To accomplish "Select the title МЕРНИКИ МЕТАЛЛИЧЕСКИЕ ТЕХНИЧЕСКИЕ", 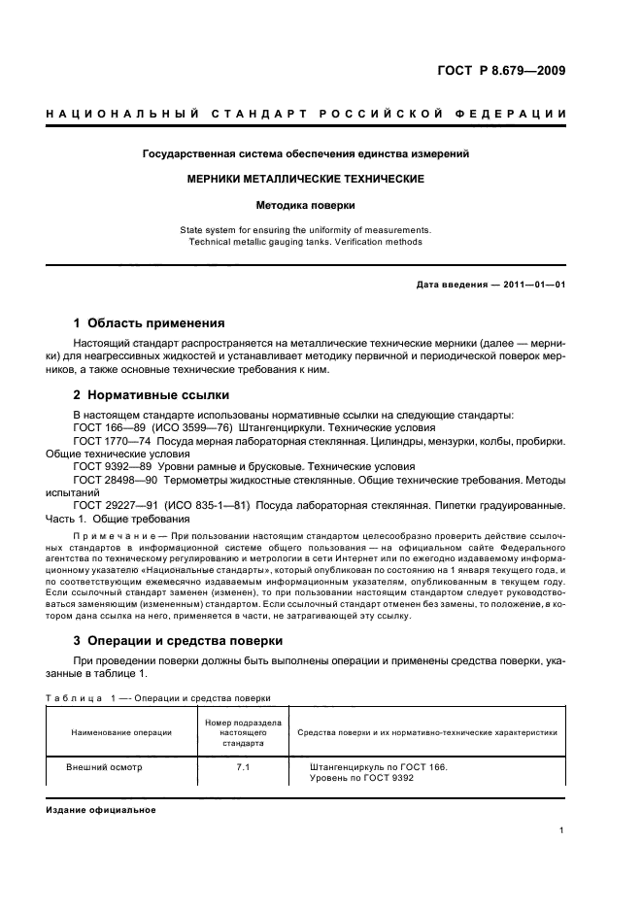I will tap(306, 180).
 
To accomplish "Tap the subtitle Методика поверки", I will tap(306, 206).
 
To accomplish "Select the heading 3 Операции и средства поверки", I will tap(178, 641).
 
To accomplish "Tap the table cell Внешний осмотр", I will tap(104, 766).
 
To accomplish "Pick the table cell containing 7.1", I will tap(243, 766).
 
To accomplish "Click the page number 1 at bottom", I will tap(562, 830).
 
